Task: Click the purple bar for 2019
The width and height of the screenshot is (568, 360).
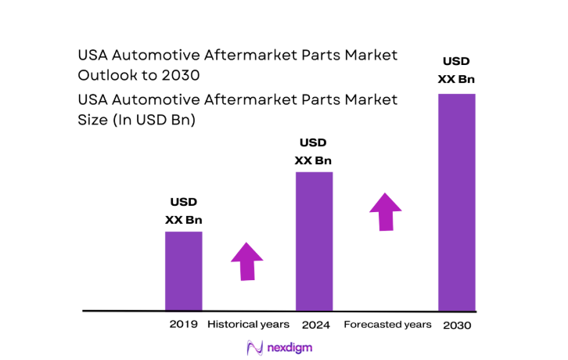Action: coord(183,271)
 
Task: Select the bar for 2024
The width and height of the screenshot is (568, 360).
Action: coord(314,241)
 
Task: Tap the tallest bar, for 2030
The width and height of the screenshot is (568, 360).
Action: coord(456,202)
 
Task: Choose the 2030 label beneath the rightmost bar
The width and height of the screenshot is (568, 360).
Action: coord(456,325)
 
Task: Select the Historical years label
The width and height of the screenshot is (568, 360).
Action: coord(248,324)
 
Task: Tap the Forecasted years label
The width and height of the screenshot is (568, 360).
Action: coord(387,324)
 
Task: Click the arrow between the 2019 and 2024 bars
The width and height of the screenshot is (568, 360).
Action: coord(247,261)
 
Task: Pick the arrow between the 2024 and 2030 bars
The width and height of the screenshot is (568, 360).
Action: coord(385,211)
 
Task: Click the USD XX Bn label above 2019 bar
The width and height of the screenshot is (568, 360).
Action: coord(183,211)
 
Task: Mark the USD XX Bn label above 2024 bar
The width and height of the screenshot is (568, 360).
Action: coord(313,152)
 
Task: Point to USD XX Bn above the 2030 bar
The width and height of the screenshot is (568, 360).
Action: coord(456,70)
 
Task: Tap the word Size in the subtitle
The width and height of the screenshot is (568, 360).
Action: coord(93,121)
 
